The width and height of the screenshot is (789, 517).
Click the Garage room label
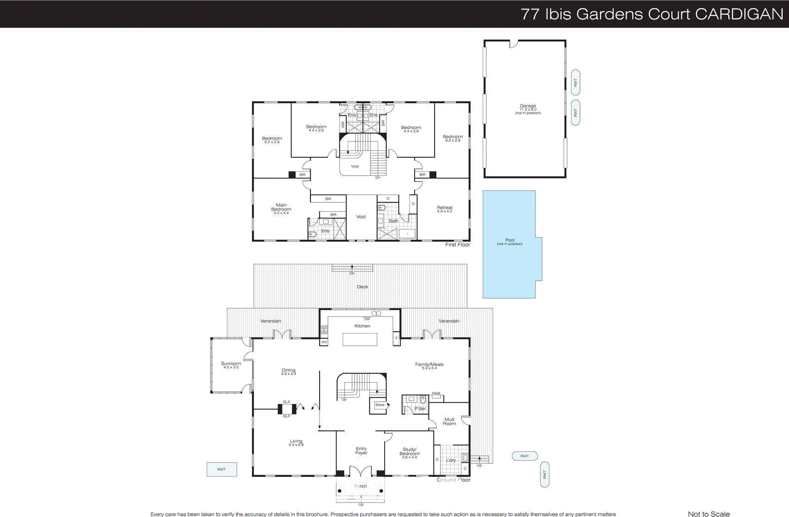[x=528, y=106]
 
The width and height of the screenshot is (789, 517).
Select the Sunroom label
[x=231, y=364]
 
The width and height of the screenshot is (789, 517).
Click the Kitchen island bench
[x=360, y=339]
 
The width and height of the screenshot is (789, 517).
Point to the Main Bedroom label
[x=281, y=207]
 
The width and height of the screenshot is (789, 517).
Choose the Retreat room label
[x=444, y=208]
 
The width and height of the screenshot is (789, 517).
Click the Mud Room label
[x=449, y=421]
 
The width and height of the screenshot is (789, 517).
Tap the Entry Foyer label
[x=361, y=450]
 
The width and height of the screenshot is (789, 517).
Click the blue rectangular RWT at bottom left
[x=221, y=469]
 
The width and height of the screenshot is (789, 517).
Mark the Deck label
[x=362, y=287]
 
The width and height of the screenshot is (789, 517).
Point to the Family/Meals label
[x=429, y=365]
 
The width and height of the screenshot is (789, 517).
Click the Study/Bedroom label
[x=409, y=451]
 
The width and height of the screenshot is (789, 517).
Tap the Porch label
[x=360, y=486]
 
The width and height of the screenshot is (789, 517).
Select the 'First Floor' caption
[x=458, y=245]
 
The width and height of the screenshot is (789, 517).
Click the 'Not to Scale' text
[x=709, y=514]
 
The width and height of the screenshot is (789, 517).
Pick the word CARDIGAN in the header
[x=739, y=14]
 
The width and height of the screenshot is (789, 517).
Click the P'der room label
[x=420, y=408]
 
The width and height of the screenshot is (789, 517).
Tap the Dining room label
[x=288, y=370]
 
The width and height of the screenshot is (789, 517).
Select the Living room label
[x=296, y=441]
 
